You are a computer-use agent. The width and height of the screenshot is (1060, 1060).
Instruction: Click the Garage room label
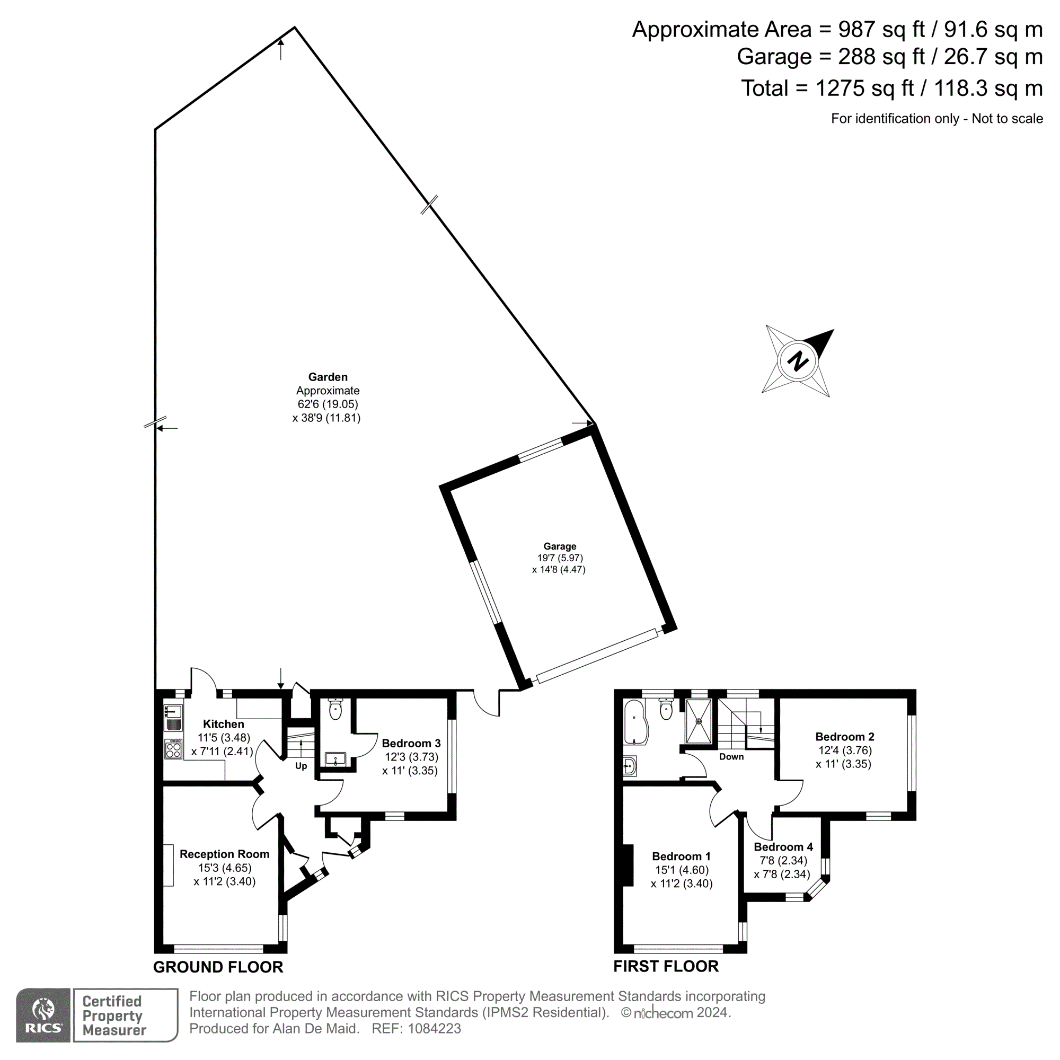560,546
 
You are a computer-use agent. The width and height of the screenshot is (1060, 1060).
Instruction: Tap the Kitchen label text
223,724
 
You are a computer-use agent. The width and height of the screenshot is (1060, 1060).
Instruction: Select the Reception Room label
224,854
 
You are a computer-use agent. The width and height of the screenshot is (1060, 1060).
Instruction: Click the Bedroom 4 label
783,847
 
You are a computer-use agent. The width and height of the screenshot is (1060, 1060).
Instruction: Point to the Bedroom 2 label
844,737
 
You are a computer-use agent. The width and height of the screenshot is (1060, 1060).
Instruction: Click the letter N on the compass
798,361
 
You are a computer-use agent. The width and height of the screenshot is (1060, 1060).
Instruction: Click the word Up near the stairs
301,766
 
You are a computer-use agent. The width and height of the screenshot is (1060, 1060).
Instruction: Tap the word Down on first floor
731,757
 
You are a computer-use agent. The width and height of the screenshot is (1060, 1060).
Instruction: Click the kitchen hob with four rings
173,749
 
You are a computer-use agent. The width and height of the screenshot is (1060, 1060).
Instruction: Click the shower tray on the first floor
699,721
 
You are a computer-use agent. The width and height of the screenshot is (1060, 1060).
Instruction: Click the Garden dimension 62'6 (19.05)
328,404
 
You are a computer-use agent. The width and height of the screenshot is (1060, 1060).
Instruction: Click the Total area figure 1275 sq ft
864,89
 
